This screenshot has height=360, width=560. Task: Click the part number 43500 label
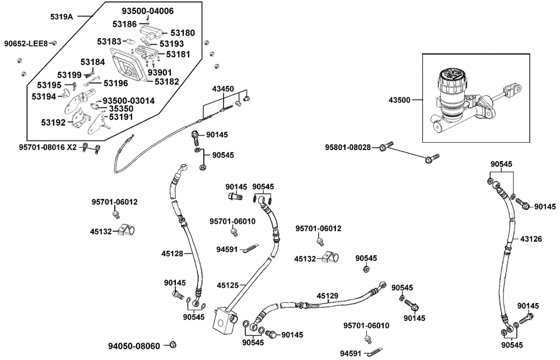click(x=399, y=100)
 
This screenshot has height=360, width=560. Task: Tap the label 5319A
click(x=62, y=16)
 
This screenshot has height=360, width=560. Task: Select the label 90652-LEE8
click(x=26, y=43)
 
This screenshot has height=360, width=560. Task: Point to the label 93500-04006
click(x=148, y=11)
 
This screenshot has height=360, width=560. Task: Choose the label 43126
click(x=531, y=239)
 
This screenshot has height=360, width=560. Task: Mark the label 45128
click(x=172, y=254)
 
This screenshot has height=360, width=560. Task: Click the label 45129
click(x=328, y=295)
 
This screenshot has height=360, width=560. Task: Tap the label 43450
click(x=223, y=88)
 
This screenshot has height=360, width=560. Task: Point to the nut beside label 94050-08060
click(x=172, y=344)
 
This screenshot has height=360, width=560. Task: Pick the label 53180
click(x=182, y=33)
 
